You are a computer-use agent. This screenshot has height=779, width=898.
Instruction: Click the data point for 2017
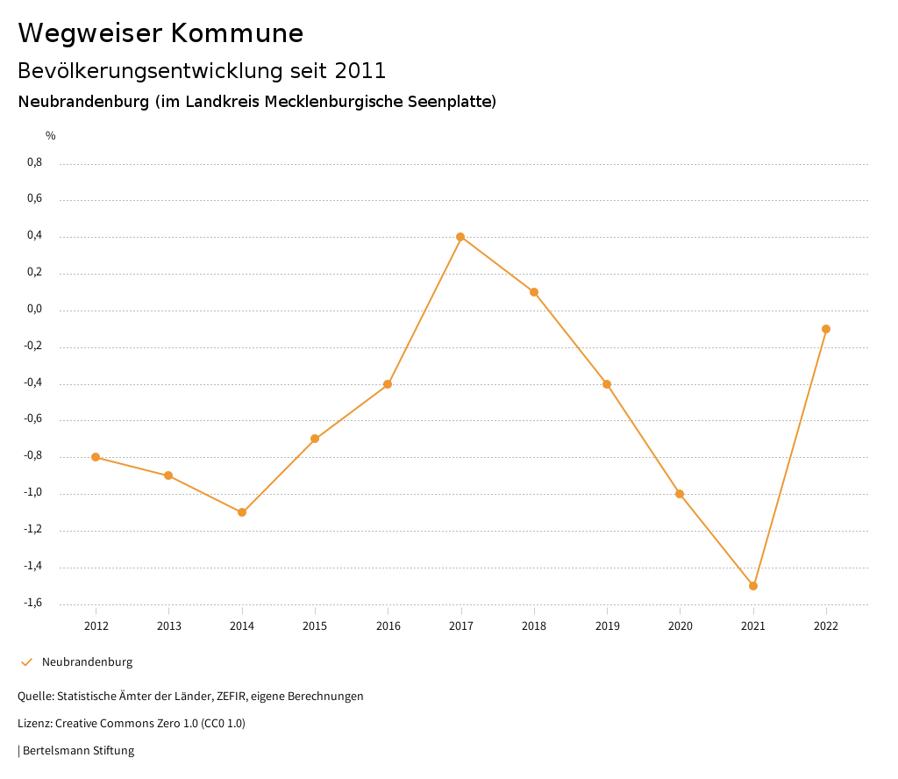click(460, 237)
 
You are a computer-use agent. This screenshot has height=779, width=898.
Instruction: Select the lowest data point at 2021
click(753, 586)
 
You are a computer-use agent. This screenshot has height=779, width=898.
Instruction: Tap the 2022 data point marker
click(826, 329)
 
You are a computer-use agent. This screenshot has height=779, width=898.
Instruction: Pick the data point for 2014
click(242, 512)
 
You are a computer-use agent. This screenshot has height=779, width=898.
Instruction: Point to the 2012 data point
click(96, 457)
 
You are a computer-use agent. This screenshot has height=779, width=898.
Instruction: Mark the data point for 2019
click(607, 384)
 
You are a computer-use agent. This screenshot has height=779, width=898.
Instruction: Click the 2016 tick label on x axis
click(388, 626)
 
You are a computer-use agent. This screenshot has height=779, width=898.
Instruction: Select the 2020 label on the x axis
click(680, 626)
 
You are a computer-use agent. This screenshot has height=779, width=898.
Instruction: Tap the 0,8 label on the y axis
click(34, 163)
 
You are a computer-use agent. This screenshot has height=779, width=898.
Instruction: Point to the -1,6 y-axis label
click(32, 604)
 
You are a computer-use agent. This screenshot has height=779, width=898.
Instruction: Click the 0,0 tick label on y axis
click(34, 310)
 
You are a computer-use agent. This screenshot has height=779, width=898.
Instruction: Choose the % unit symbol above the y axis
click(51, 136)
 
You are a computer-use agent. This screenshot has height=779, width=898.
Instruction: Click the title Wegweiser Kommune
click(160, 33)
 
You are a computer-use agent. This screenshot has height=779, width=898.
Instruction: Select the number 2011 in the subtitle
click(360, 70)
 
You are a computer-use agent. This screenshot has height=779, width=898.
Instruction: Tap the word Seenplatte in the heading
click(449, 102)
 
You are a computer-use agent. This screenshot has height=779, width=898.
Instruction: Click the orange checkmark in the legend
click(26, 662)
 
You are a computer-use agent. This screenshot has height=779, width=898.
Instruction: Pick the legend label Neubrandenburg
click(87, 662)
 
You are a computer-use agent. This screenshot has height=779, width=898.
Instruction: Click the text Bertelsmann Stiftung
click(78, 751)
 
